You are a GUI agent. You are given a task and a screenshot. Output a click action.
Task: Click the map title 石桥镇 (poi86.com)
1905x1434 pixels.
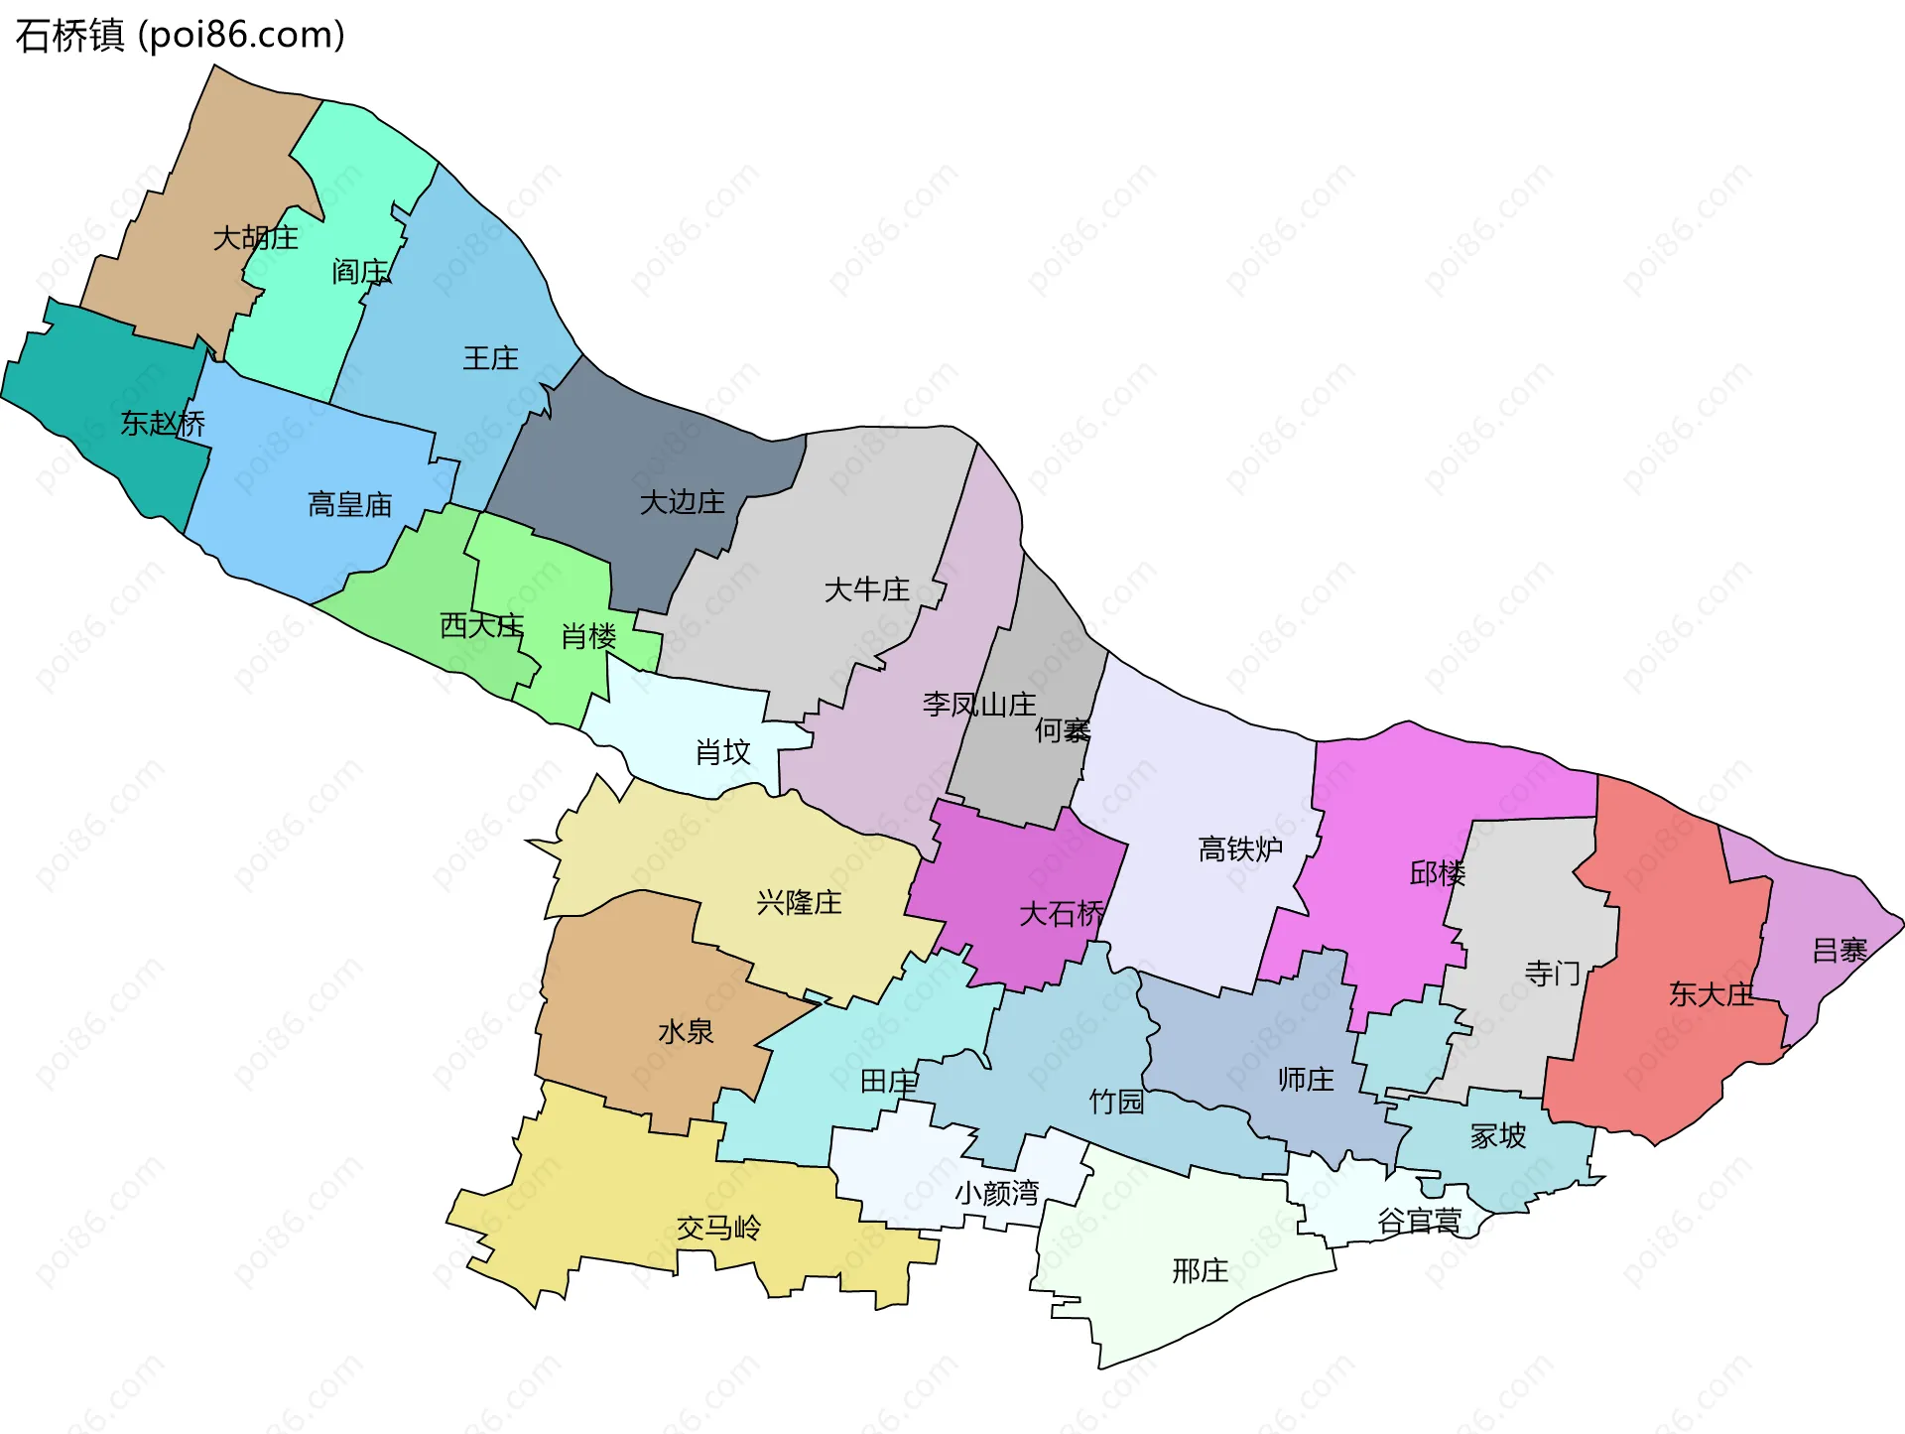tap(181, 35)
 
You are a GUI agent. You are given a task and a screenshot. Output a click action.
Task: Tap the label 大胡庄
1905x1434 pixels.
tap(255, 238)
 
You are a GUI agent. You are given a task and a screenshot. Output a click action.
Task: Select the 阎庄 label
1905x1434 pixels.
tap(360, 271)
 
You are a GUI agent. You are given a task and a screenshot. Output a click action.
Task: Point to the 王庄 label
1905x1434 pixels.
tap(490, 358)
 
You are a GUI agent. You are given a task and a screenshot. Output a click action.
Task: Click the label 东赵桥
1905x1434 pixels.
tap(163, 424)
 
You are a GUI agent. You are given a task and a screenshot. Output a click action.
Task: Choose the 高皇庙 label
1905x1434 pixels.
tap(349, 505)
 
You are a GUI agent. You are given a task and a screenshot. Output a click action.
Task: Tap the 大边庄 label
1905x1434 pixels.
tap(682, 502)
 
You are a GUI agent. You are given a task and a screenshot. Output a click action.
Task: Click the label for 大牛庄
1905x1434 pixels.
tap(866, 590)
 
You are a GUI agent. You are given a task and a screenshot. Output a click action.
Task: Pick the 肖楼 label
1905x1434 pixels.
tap(588, 636)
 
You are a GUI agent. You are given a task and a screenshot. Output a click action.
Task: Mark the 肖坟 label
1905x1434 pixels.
tap(722, 752)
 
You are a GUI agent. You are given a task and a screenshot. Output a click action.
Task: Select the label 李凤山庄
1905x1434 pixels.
tap(978, 705)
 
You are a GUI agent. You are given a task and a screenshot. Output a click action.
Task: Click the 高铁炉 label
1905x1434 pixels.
tap(1240, 849)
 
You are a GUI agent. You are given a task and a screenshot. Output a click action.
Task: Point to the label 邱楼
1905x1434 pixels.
tap(1437, 873)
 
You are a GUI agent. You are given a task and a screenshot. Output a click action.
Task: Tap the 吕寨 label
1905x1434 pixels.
tap(1840, 951)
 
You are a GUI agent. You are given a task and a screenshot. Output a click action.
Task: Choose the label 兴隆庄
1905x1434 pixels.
tap(799, 903)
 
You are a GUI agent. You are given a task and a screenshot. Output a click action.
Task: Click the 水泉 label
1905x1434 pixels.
tap(686, 1032)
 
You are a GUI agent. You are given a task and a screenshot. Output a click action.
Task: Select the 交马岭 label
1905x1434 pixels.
tap(718, 1229)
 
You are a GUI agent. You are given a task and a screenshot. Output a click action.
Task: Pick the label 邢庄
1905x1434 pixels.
tap(1200, 1271)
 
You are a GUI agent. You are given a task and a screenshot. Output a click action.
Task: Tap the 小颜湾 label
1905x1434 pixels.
tap(996, 1193)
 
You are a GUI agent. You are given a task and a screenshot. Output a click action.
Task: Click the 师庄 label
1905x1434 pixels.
tap(1306, 1080)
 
